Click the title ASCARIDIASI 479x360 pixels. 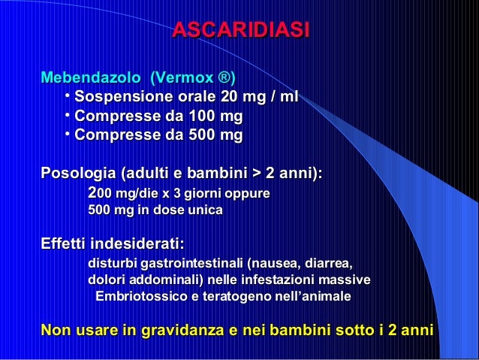coord(240,31)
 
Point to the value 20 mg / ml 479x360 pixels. coord(260,98)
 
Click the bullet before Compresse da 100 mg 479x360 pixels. coord(68,116)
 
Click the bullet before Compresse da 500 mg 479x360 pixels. coord(68,135)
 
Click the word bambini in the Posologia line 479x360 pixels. coord(218,174)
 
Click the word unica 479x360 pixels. coord(199,211)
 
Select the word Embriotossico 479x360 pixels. coord(138,298)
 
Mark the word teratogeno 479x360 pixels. coord(230,298)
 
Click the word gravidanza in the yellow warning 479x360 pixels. coord(178,330)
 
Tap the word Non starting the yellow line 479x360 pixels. coord(57,330)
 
